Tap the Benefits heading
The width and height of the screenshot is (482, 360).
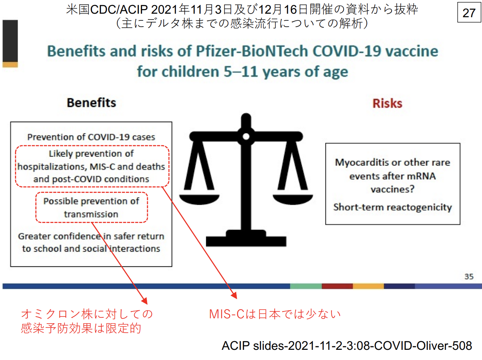point(91,103)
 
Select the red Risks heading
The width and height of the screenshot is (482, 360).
point(387,103)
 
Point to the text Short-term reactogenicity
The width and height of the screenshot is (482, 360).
point(393,207)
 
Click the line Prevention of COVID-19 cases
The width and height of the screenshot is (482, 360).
point(91,137)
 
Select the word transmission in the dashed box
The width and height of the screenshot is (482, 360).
point(91,214)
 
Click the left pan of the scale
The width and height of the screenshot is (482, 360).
point(199,199)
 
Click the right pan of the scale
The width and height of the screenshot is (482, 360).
point(293,199)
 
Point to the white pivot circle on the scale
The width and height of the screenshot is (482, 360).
point(246,137)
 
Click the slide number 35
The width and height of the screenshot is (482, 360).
point(469,277)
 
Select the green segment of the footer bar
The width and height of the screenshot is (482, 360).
point(306,286)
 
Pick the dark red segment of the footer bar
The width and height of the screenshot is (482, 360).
point(337,286)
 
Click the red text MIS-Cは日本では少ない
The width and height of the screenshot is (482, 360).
point(275,314)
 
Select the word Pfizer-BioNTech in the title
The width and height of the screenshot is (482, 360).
point(252,51)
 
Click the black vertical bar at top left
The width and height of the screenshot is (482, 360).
point(10,41)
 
